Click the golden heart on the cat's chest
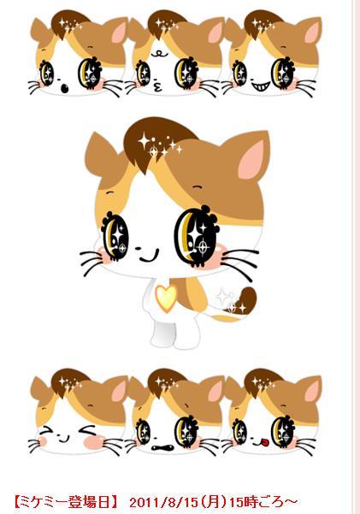pyautogui.click(x=166, y=298)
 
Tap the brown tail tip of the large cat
pyautogui.click(x=247, y=300)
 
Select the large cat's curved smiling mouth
pyautogui.click(x=149, y=256)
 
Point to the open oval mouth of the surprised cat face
pyautogui.click(x=65, y=88)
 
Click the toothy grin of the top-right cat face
pyautogui.click(x=261, y=86)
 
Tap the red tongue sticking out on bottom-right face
pyautogui.click(x=264, y=442)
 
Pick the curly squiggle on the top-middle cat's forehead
pyautogui.click(x=160, y=53)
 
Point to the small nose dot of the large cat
pyautogui.click(x=138, y=248)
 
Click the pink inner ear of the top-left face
pyautogui.click(x=118, y=32)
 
